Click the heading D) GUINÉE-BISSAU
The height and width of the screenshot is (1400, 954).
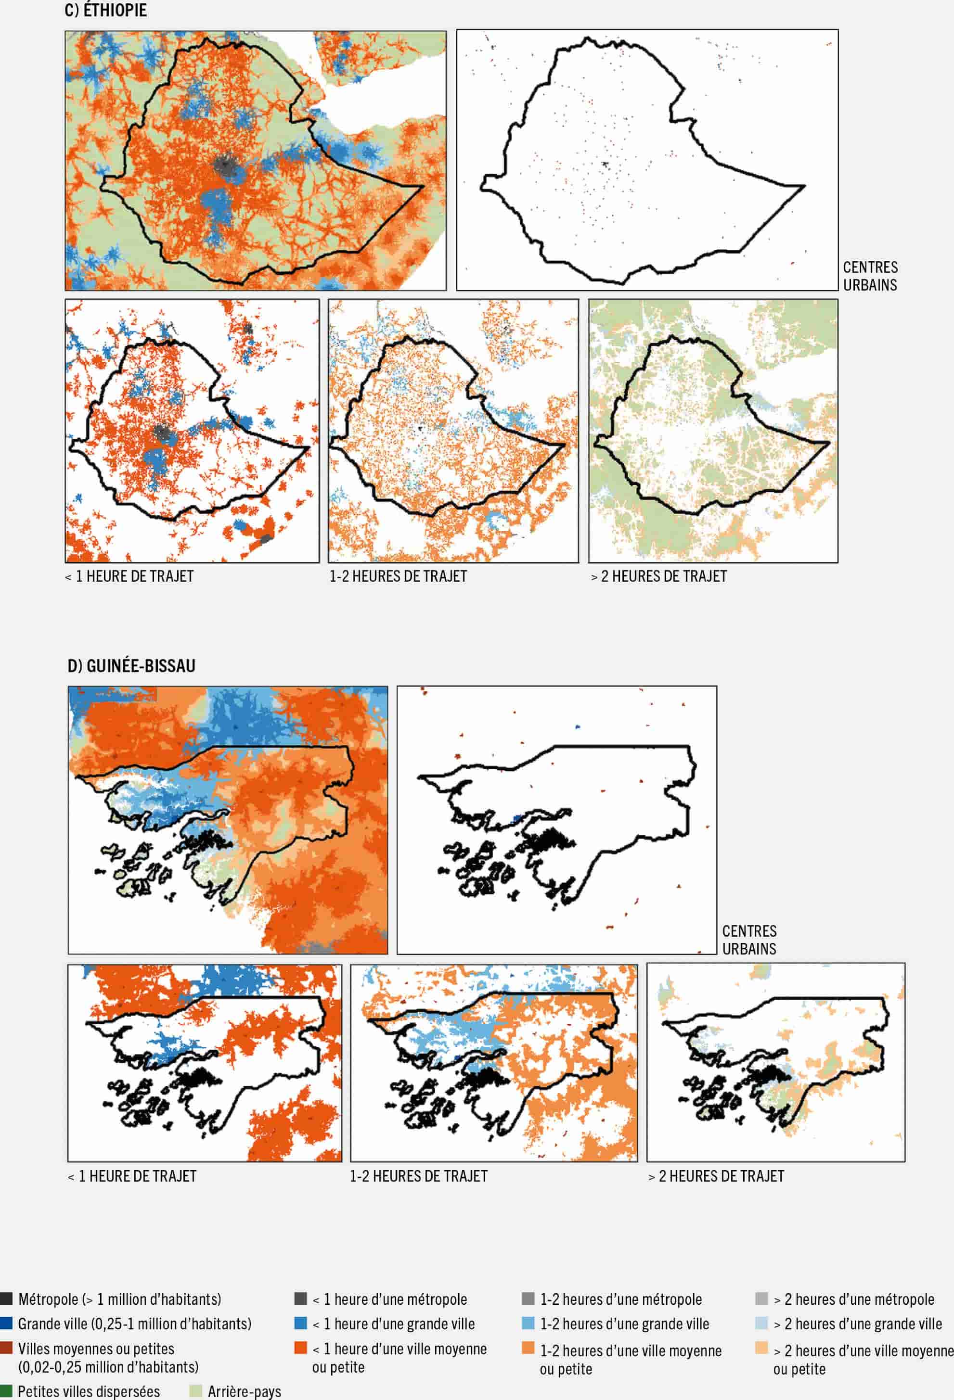(x=131, y=666)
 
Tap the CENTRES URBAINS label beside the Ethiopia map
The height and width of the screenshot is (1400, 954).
(x=870, y=276)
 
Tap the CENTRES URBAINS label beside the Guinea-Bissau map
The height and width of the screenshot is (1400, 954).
(x=749, y=940)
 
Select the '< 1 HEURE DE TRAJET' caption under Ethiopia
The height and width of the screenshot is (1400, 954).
(x=129, y=576)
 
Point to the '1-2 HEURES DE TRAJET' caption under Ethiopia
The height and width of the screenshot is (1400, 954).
(x=398, y=576)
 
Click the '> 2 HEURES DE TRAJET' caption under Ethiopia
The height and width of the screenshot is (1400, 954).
(x=658, y=576)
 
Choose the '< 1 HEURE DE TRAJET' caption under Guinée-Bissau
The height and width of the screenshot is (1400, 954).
(x=132, y=1176)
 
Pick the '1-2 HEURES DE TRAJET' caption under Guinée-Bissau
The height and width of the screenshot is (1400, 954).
(x=419, y=1176)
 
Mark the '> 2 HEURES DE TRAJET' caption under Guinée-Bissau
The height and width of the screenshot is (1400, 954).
(x=716, y=1176)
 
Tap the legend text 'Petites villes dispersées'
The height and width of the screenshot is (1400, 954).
(x=89, y=1391)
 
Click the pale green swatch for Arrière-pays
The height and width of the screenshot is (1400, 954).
(x=195, y=1390)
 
